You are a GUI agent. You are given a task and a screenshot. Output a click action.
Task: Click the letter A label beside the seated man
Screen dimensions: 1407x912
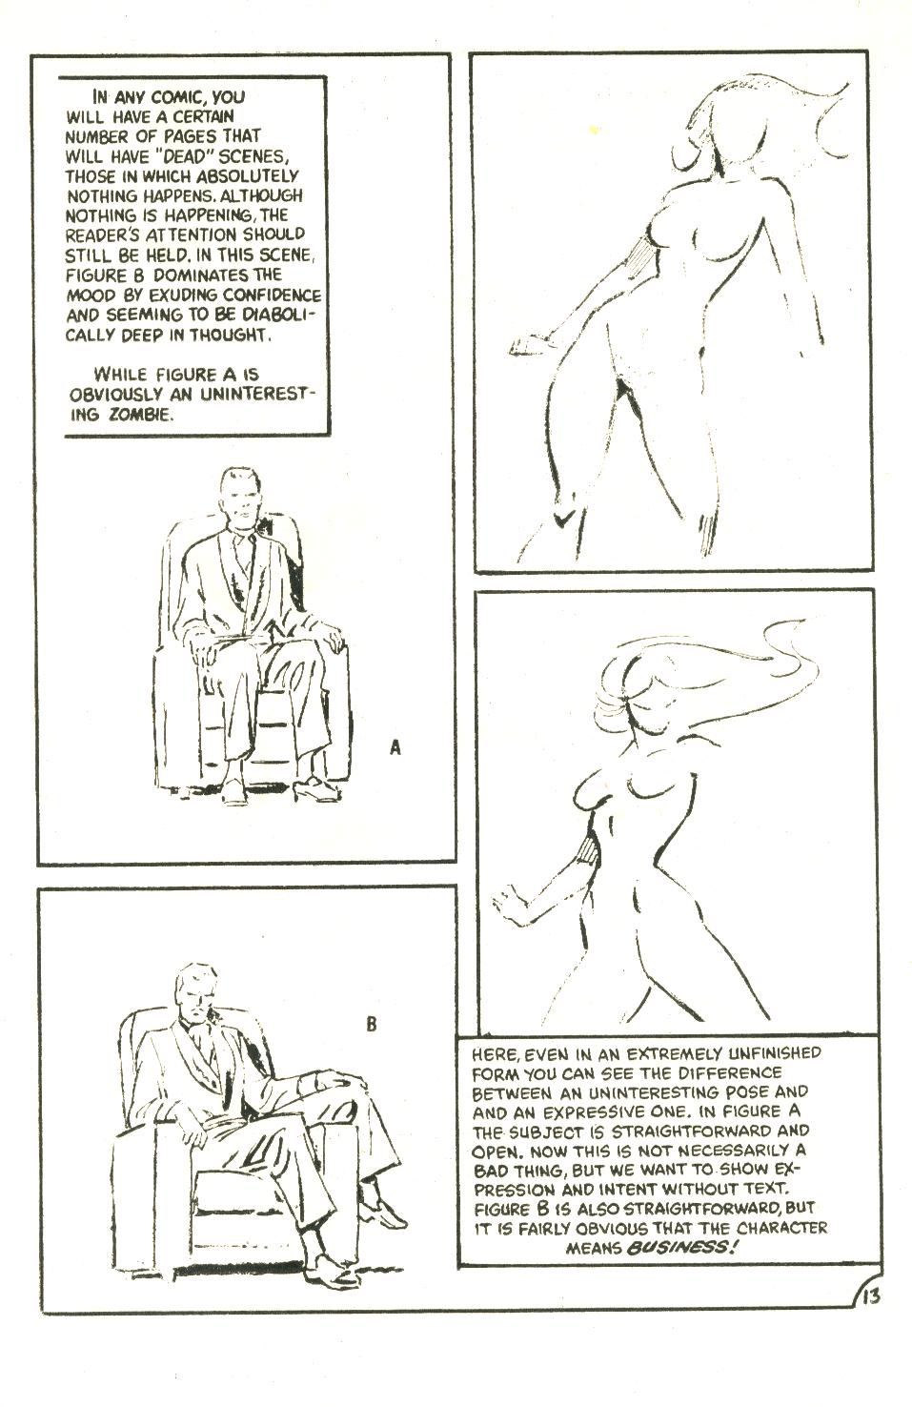[395, 748]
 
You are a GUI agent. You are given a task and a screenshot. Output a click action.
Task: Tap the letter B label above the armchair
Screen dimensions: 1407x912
[372, 1026]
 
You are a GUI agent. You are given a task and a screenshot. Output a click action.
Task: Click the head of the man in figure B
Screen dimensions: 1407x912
[197, 992]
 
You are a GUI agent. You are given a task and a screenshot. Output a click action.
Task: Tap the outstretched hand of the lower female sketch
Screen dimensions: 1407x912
[509, 901]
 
